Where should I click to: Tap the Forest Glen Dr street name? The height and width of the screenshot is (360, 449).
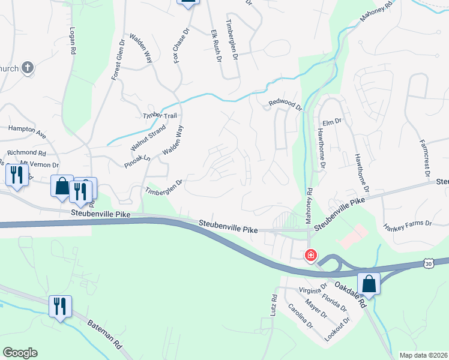[117, 61]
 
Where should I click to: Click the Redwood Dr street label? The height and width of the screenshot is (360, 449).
[286, 106]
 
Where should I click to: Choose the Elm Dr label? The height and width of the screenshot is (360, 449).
[332, 121]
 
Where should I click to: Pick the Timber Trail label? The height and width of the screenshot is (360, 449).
[159, 115]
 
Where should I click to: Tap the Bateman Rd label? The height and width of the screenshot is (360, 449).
[105, 340]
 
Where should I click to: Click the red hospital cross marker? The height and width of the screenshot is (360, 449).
[310, 255]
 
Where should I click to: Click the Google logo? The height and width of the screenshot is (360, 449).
[20, 353]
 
